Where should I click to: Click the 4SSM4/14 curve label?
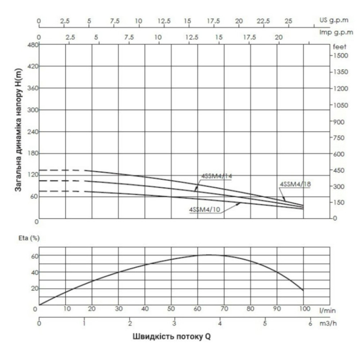[216, 176]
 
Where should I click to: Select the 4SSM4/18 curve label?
[295, 184]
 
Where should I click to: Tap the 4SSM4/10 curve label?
[204, 210]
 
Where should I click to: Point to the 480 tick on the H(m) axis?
[33, 45]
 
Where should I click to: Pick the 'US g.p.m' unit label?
[334, 20]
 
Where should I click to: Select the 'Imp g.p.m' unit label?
[336, 33]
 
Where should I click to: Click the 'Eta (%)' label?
[29, 238]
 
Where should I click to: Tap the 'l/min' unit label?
[327, 311]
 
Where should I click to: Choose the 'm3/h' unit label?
[328, 324]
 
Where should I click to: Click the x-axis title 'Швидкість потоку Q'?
[171, 337]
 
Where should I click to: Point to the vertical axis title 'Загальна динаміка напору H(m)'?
[18, 130]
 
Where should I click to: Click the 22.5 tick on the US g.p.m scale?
[263, 21]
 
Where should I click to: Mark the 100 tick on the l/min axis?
[305, 309]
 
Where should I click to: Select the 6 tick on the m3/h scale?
[310, 324]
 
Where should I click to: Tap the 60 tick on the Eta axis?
[35, 256]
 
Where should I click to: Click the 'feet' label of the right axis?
[339, 47]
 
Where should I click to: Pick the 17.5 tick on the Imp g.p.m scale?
[249, 37]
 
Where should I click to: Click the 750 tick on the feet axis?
[339, 138]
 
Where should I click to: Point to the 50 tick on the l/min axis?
[171, 309]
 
